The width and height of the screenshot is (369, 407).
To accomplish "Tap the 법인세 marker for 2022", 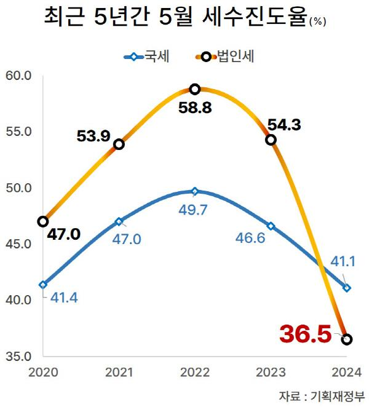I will click(x=195, y=89).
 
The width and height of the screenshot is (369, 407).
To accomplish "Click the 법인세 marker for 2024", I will click(x=347, y=339).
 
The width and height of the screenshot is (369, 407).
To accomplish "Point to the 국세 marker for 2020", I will click(x=42, y=285).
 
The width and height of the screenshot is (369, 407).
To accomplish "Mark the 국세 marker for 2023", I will click(x=271, y=226).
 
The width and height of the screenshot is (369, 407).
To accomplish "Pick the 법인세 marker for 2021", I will click(x=119, y=144).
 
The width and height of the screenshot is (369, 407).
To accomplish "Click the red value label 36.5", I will click(x=305, y=334).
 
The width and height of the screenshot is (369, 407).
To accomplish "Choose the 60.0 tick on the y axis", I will click(x=18, y=76).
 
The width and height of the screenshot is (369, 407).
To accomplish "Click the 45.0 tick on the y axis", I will click(x=18, y=244).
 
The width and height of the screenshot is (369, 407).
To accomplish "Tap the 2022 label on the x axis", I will click(x=195, y=372).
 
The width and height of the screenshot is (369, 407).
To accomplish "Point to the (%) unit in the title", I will click(x=318, y=22).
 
